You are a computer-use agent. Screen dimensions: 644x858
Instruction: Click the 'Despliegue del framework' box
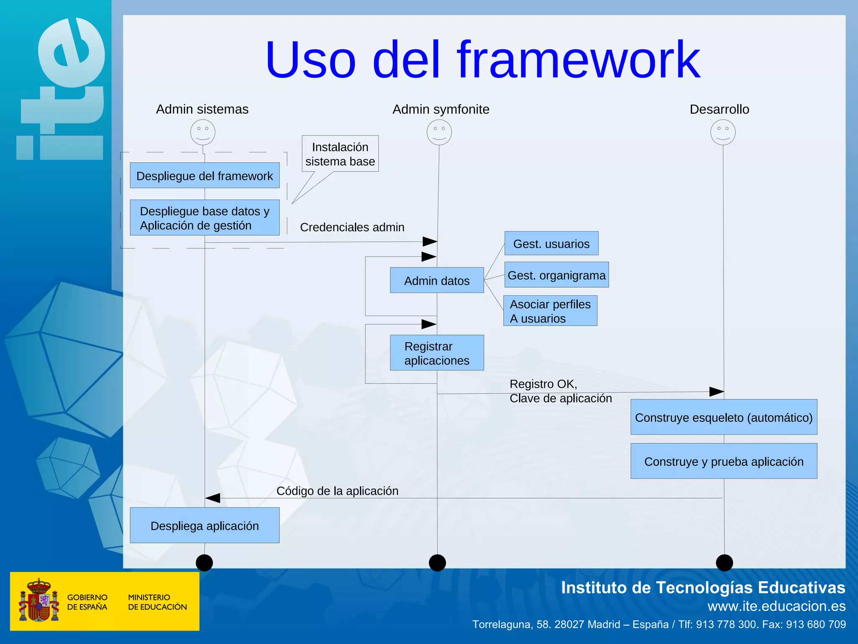pos(204,176)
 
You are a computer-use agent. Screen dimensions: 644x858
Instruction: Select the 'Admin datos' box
pos(437,280)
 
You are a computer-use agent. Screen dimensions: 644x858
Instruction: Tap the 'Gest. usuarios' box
pos(551,244)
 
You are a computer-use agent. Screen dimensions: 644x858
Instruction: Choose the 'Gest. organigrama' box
pos(556,275)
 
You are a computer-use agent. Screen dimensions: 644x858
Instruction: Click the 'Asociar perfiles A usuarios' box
pos(550,311)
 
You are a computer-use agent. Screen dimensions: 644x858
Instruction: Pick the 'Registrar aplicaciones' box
pos(437,353)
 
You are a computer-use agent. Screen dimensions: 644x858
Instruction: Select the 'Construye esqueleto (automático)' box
pos(724,417)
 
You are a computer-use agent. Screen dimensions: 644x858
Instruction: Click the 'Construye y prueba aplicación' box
pos(724,461)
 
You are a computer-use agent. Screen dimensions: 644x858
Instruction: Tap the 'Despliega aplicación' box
pos(204,525)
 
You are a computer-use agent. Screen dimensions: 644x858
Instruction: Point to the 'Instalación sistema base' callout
pos(340,154)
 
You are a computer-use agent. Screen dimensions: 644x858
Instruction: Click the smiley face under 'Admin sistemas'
pos(203,132)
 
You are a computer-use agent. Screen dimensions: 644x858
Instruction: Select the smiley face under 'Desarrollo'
pos(723,132)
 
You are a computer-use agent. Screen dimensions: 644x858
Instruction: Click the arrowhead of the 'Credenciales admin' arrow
pos(431,241)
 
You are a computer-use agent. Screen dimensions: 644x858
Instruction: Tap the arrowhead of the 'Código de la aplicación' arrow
pos(212,498)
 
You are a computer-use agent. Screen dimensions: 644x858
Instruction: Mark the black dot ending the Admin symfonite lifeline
pos(437,563)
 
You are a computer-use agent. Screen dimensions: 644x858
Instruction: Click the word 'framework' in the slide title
pos(578,60)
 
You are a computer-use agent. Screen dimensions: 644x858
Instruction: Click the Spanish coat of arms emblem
pos(39,600)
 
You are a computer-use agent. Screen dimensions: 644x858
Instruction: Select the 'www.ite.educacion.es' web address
pos(776,606)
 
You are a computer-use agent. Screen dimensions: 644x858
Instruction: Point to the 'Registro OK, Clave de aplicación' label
pos(560,391)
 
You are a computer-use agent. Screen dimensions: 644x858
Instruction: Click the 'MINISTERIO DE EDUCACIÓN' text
pos(157,602)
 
